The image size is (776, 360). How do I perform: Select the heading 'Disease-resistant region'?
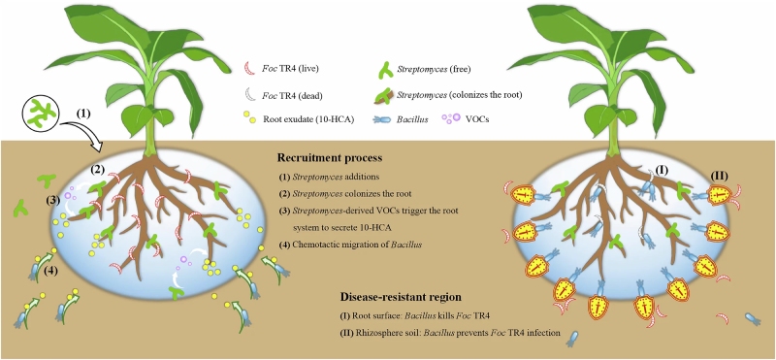tap(401, 297)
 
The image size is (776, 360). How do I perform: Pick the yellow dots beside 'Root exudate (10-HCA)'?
tap(250, 118)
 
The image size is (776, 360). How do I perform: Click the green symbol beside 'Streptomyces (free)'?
tap(384, 69)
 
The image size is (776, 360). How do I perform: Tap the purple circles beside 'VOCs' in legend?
tap(453, 118)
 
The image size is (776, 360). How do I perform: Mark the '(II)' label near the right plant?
tap(719, 176)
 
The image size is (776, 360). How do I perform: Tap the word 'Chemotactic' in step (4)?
tap(313, 244)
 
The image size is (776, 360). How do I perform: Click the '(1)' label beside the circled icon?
tap(82, 113)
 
